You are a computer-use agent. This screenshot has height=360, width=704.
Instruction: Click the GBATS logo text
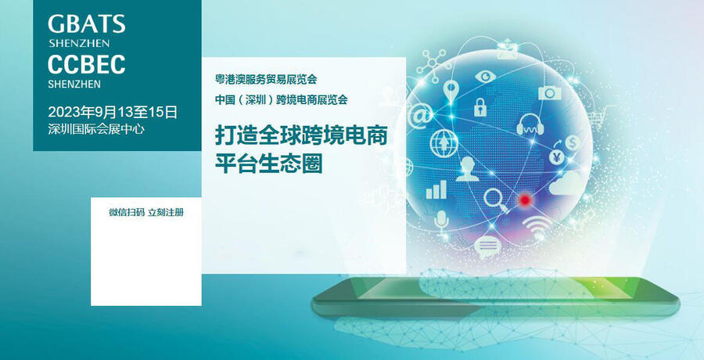click(x=87, y=23)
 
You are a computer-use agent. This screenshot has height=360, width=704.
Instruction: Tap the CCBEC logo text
click(x=87, y=65)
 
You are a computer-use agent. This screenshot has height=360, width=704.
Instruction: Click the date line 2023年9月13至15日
click(x=113, y=112)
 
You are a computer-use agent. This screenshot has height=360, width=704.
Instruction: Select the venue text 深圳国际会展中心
click(x=96, y=129)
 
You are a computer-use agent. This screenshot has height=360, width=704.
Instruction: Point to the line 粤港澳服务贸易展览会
click(x=266, y=80)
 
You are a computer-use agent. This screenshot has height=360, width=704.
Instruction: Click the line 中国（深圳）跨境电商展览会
click(x=281, y=99)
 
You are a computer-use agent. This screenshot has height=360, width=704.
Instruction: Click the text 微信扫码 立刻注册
click(x=146, y=213)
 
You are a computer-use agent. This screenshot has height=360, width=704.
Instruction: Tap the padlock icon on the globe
click(x=480, y=107)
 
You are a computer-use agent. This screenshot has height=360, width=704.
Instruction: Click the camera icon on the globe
click(x=550, y=92)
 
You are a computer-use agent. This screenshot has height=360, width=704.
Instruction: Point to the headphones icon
click(x=530, y=125)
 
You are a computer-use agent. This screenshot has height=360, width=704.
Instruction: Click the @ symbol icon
click(x=421, y=117)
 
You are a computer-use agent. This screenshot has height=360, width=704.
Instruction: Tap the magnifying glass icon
click(x=496, y=200)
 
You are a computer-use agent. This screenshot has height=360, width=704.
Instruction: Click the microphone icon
click(x=442, y=223)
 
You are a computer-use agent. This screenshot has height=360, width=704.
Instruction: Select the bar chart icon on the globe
click(x=436, y=189)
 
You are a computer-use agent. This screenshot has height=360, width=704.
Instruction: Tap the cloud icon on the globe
click(x=566, y=183)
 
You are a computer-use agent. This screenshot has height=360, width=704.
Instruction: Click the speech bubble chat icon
click(x=487, y=247)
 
